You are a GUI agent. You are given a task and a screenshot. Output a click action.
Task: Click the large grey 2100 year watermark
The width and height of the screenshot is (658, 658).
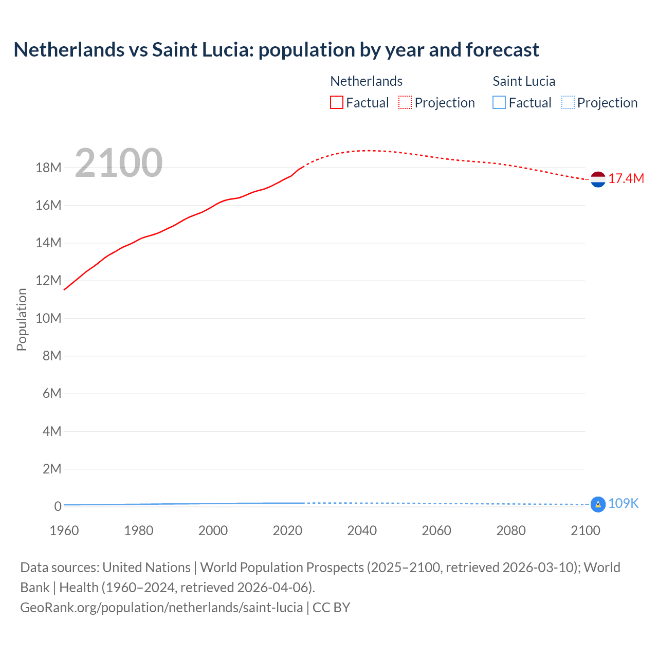(x=119, y=163)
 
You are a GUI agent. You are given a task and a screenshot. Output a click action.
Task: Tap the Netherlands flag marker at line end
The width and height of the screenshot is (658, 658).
(x=598, y=179)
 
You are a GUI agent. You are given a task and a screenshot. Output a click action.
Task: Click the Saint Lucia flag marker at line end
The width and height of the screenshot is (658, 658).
(x=598, y=504)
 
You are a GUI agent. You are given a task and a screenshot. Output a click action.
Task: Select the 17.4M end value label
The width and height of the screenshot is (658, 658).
(x=626, y=179)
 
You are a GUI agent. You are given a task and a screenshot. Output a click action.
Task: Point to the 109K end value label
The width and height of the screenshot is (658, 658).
(x=623, y=504)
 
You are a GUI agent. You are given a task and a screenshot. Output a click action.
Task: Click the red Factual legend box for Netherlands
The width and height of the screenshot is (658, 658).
(x=337, y=103)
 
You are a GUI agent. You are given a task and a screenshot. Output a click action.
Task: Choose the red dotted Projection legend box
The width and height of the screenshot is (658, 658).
(x=405, y=103)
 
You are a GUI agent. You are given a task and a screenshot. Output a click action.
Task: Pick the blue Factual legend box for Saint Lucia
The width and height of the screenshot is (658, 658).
(x=499, y=103)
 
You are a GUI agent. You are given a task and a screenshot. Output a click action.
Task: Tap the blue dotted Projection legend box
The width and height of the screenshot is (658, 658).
(x=568, y=103)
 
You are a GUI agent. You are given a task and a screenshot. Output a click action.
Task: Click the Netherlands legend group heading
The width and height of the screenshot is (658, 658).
(x=366, y=81)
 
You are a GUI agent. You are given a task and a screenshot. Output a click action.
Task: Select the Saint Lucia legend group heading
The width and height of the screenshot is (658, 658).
(x=524, y=81)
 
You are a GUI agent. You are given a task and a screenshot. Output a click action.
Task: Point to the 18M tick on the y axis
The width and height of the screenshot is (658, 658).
(x=48, y=168)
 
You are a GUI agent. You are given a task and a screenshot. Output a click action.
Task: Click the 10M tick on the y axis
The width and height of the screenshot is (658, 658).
(x=48, y=318)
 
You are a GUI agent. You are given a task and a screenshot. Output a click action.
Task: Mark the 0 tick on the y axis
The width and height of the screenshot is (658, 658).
(x=58, y=506)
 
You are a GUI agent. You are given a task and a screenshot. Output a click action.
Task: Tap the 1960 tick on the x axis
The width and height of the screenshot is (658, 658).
(x=64, y=531)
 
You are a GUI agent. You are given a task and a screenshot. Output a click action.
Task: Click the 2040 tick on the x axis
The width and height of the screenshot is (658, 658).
(x=362, y=531)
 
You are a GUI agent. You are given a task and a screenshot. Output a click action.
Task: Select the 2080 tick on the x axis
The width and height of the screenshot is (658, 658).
(x=511, y=531)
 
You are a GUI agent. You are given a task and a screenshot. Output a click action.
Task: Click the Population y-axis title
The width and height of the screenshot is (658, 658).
(x=22, y=319)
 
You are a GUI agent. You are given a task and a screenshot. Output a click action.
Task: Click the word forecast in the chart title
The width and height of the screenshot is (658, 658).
(x=502, y=50)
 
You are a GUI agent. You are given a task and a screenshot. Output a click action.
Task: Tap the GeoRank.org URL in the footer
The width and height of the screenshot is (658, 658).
(x=161, y=608)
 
